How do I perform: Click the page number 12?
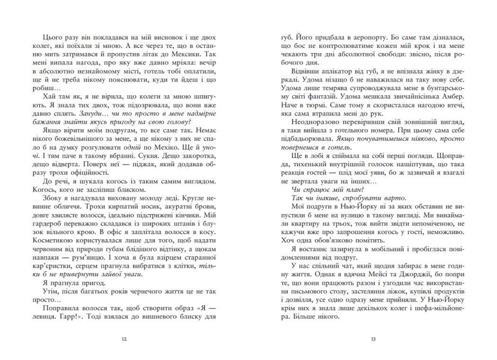tap(124, 339)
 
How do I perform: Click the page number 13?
tap(373, 339)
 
